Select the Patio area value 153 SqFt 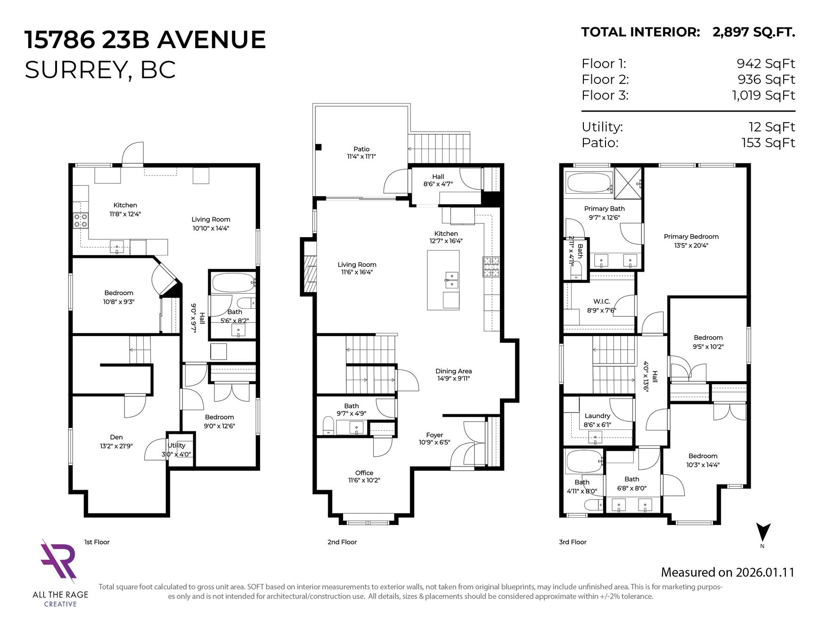click(768, 142)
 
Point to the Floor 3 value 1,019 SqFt click(763, 95)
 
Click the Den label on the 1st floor click(116, 437)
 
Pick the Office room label click(364, 473)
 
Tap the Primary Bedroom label click(691, 237)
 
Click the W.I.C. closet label click(602, 301)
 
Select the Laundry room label click(598, 416)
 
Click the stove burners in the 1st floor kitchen click(81, 220)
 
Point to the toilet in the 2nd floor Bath click(328, 425)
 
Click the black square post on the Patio click(319, 147)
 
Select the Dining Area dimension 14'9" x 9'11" click(454, 378)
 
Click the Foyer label click(434, 435)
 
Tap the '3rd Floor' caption click(573, 542)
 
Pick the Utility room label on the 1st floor click(177, 445)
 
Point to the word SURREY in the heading click(75, 70)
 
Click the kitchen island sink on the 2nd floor click(451, 280)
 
